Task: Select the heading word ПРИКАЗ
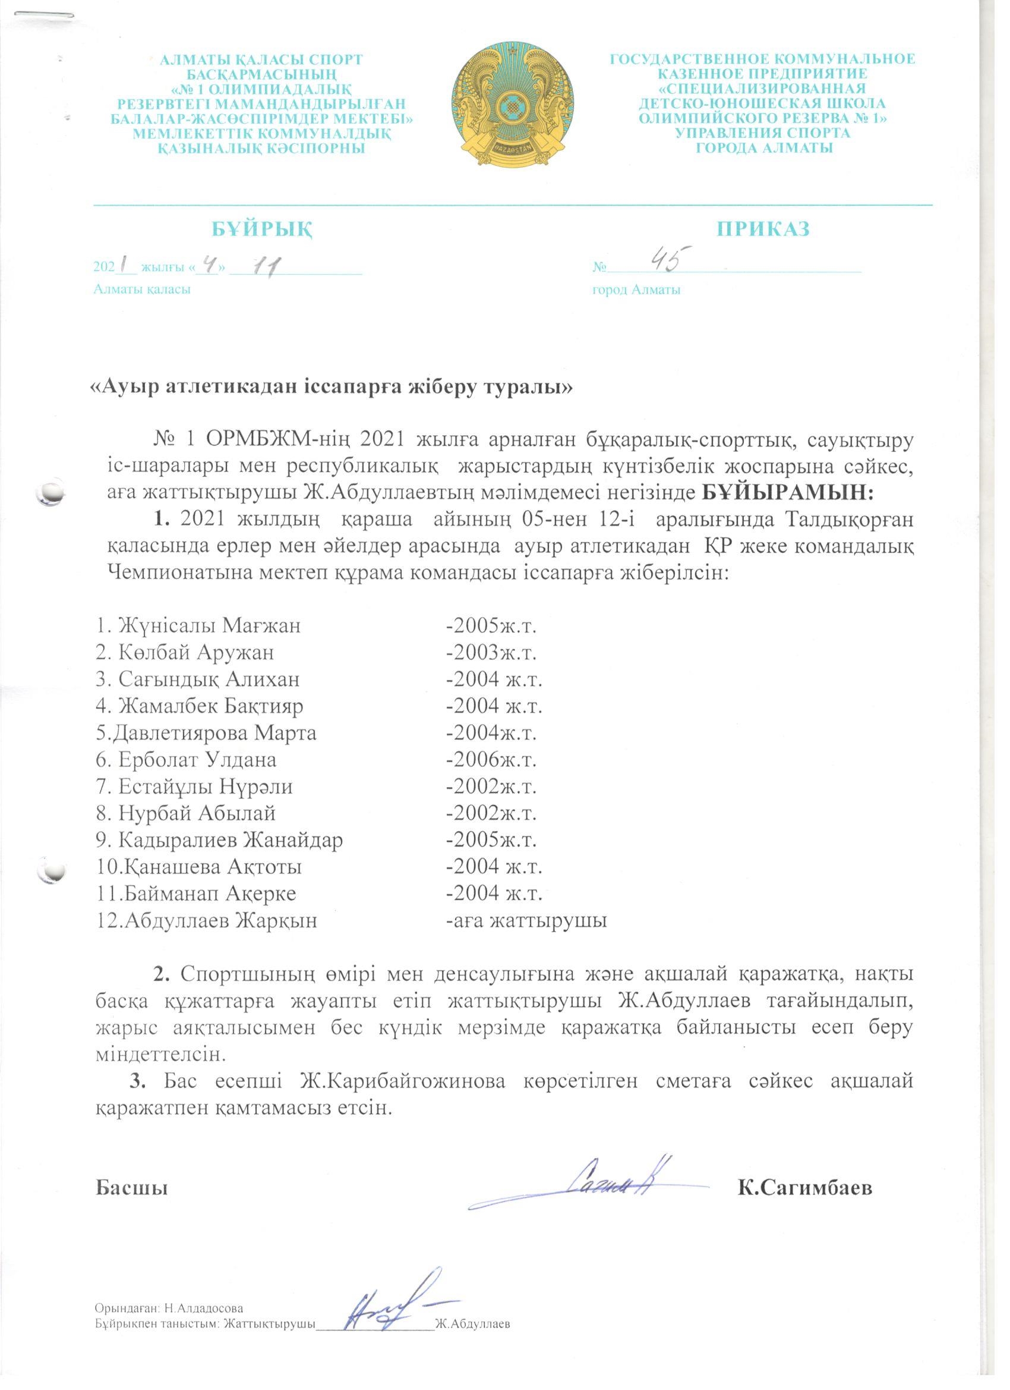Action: coord(763,229)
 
